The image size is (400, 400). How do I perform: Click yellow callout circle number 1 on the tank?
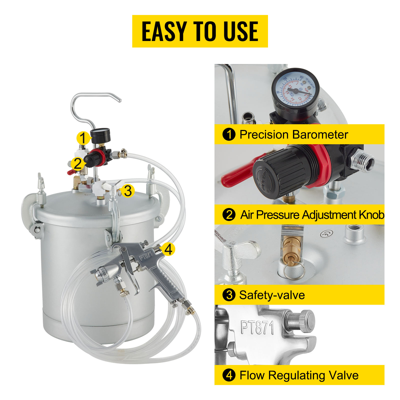click(x=83, y=138)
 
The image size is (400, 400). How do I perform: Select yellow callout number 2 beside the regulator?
click(x=77, y=164)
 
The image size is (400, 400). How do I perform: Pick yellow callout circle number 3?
click(x=128, y=191)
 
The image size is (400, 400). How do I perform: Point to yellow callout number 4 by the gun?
click(x=168, y=249)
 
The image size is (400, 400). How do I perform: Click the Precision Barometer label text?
click(x=293, y=134)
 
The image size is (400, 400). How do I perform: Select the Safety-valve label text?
click(x=272, y=295)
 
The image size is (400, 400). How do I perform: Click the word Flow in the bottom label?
click(x=252, y=375)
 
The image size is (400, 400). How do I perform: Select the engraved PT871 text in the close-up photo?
click(x=257, y=327)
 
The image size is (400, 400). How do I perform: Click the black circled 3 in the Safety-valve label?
click(x=229, y=295)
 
